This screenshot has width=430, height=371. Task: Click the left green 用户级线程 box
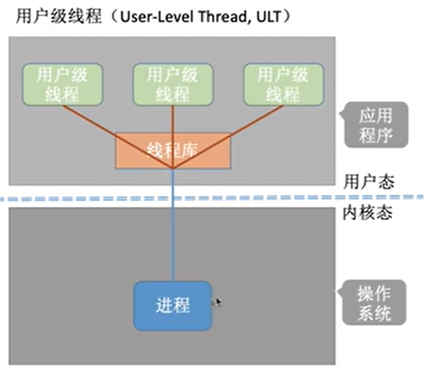coord(62,84)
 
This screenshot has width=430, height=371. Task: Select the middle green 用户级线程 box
coord(172,84)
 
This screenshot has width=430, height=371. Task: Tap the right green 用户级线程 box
coord(282,84)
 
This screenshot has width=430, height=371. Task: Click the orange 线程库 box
coord(173,150)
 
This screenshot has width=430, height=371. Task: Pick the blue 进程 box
coord(173,305)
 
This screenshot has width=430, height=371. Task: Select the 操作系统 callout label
coord(374,304)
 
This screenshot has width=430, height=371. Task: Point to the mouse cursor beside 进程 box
coord(218,302)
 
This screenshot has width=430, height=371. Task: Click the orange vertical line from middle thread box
coord(173,120)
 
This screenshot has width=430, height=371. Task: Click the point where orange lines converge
coord(173,168)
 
